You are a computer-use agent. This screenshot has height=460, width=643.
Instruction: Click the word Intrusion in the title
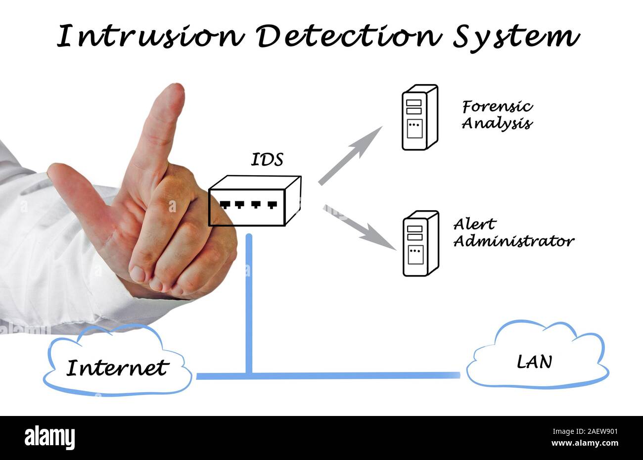151,37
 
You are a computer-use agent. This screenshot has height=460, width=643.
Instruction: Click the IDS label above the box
267,160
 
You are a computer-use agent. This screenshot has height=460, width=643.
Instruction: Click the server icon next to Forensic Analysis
419,117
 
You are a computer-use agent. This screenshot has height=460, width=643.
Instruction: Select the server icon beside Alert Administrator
420,243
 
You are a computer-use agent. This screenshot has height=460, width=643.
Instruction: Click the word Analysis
497,123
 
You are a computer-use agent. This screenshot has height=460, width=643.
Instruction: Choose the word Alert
474,225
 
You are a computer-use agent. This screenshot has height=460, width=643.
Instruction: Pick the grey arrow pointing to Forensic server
350,155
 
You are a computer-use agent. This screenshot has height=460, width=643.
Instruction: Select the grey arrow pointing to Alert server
360,227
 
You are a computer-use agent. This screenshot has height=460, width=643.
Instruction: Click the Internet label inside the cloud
118,368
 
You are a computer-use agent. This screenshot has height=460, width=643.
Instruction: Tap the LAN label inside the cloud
534,362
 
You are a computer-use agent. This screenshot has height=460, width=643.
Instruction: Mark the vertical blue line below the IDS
249,302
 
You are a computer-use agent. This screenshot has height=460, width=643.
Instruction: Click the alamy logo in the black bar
49,438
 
